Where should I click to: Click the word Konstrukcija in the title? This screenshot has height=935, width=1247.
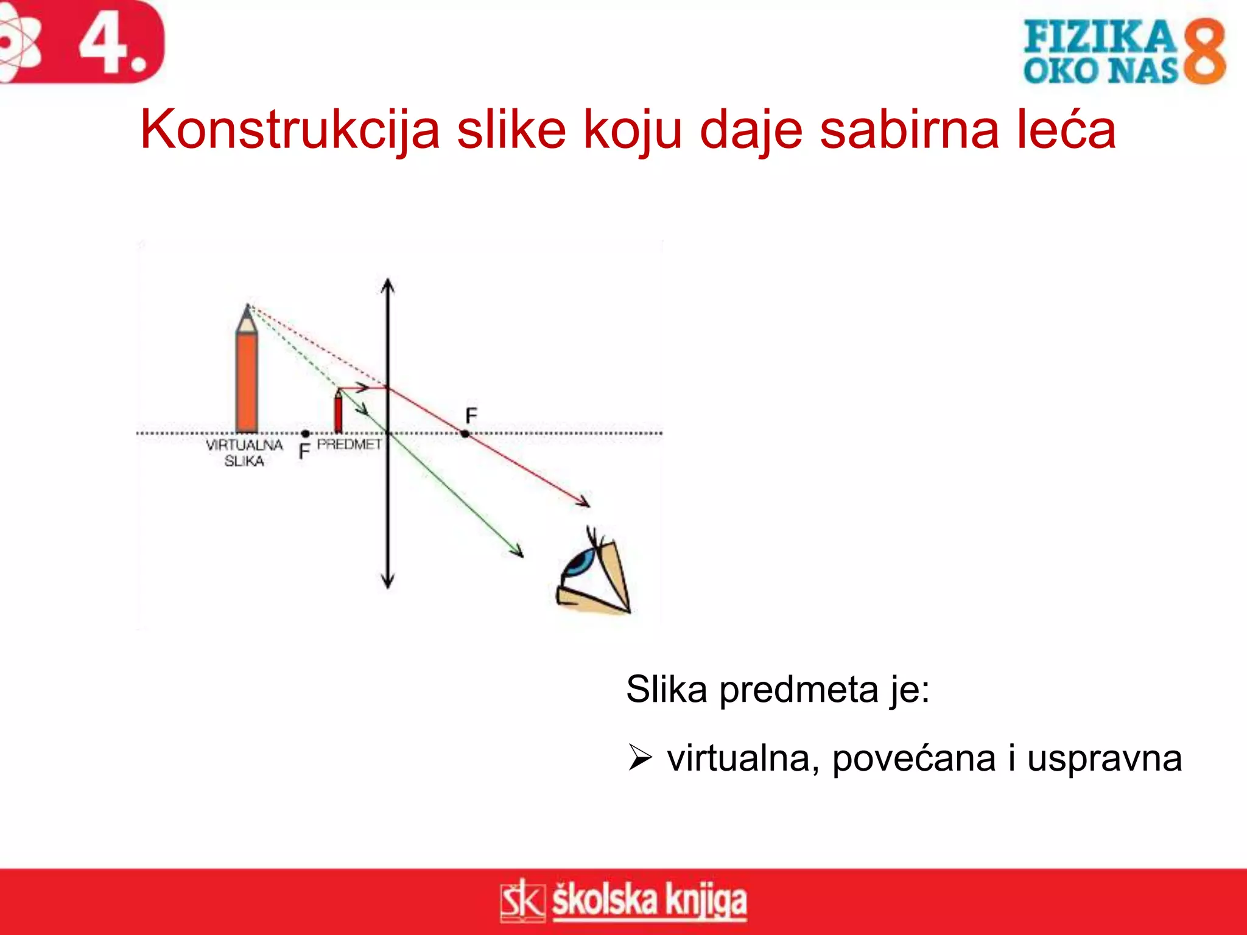[290, 130]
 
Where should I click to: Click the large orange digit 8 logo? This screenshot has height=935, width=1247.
[1204, 51]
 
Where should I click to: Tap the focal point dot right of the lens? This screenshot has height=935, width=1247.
[465, 434]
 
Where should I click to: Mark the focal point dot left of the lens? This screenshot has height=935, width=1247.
[305, 434]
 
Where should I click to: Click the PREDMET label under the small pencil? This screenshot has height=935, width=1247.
[349, 445]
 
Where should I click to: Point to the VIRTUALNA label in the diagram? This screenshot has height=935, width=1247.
[244, 446]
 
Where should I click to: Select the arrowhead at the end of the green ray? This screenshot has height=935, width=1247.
[519, 553]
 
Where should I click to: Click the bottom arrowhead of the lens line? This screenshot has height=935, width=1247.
[388, 583]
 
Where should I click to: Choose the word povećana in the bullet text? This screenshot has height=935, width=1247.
[913, 758]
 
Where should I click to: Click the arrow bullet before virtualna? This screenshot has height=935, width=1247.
[639, 758]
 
